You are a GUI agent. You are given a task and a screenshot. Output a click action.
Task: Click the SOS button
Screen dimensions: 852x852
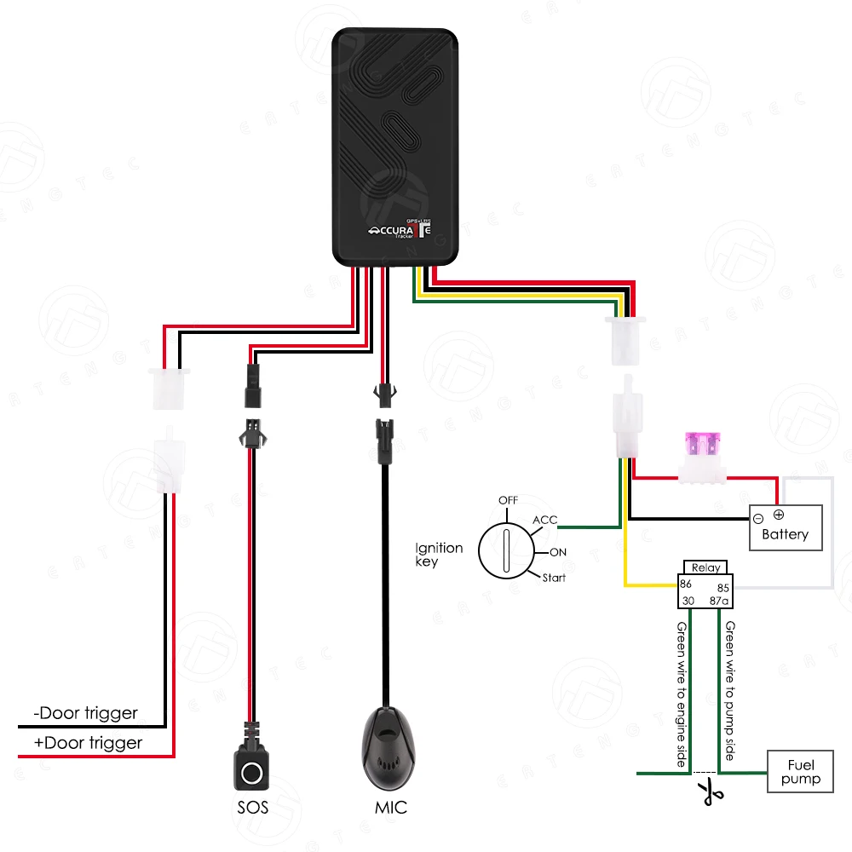click(x=251, y=772)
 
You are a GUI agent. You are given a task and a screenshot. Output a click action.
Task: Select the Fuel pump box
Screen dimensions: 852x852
click(x=800, y=772)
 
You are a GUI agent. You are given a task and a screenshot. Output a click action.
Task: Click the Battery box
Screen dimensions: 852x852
click(x=785, y=527)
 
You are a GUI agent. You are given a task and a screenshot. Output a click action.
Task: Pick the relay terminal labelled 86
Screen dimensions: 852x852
click(x=686, y=584)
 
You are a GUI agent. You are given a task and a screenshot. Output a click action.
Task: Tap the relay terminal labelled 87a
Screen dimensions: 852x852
click(x=719, y=601)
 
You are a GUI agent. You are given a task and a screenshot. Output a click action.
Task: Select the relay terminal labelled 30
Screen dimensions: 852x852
click(x=686, y=601)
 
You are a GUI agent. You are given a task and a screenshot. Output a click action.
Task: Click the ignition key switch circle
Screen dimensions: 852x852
click(x=505, y=550)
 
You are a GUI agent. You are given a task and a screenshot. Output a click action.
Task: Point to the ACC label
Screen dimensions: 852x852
click(x=544, y=520)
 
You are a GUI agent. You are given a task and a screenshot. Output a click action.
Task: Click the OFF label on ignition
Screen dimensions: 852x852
click(x=509, y=499)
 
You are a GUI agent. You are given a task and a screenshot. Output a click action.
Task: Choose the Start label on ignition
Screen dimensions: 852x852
click(x=554, y=578)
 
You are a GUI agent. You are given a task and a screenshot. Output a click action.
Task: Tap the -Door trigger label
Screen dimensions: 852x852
click(x=85, y=713)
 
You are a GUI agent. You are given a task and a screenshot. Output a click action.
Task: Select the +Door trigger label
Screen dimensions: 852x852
click(x=88, y=743)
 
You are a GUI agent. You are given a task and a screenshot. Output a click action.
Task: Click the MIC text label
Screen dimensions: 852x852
click(x=391, y=807)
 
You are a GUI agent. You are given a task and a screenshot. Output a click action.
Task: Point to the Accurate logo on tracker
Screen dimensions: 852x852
click(x=404, y=231)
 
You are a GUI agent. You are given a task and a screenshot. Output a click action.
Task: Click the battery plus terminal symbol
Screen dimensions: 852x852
click(x=778, y=515)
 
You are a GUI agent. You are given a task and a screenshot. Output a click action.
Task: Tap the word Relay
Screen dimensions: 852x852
click(x=705, y=567)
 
